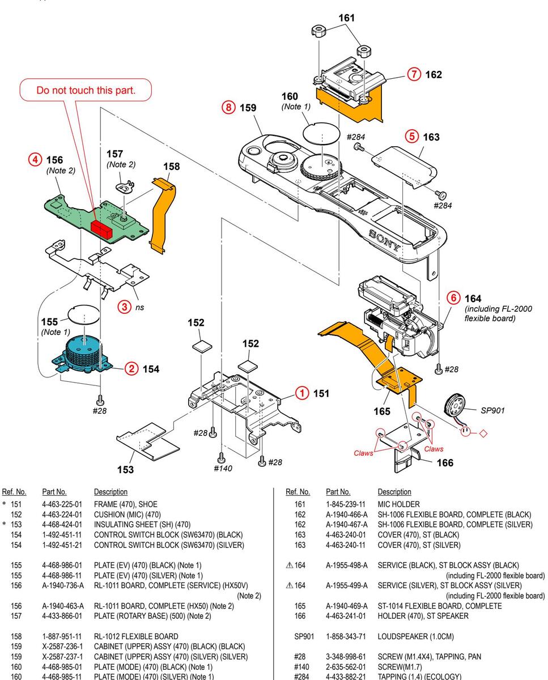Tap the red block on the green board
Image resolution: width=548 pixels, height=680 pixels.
pos(103,227)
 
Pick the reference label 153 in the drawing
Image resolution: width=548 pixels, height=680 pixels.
pos(125,469)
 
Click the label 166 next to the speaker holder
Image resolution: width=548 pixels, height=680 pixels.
pos(445,463)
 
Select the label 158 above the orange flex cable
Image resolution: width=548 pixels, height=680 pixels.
pos(171,167)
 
